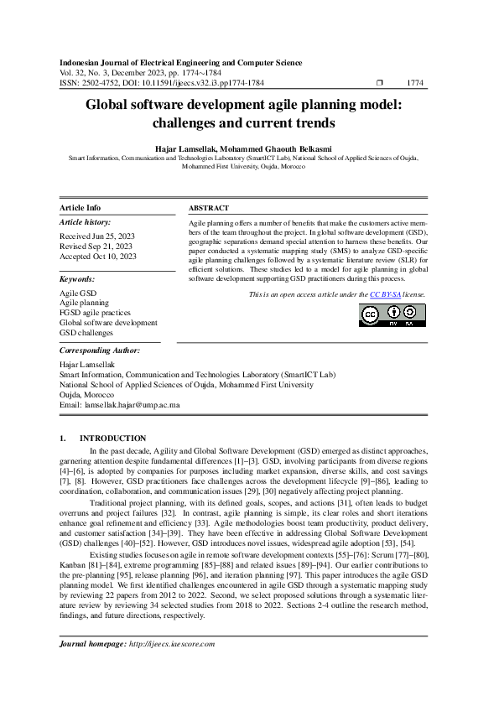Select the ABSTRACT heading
(x=208, y=208)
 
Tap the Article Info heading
(x=81, y=208)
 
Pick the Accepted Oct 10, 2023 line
(x=97, y=257)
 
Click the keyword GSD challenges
(x=87, y=333)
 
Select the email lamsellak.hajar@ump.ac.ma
(x=132, y=404)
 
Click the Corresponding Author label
(x=100, y=350)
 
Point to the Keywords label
(x=77, y=278)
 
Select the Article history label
(x=85, y=222)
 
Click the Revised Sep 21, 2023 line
(x=95, y=247)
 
